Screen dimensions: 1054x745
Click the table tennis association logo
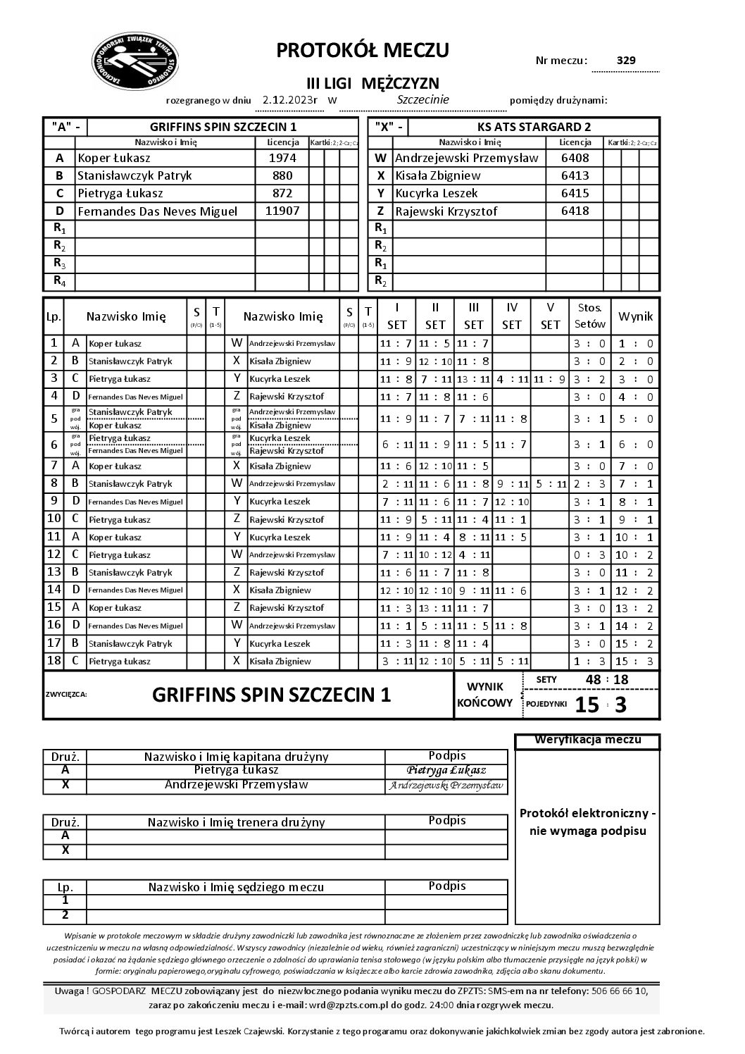pos(136,63)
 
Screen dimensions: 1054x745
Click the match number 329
pos(625,61)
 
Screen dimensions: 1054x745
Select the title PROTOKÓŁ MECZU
pos(363,51)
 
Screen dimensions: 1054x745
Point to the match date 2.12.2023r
pos(289,100)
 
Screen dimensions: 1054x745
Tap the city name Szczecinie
pos(422,100)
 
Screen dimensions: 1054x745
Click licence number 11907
pos(282,211)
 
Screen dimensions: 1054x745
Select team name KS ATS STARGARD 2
pos(534,127)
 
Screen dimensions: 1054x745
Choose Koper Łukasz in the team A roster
pos(114,159)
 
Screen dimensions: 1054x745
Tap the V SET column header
pos(550,316)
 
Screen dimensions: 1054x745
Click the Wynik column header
pos(635,316)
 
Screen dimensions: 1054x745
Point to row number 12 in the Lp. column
pos(54,554)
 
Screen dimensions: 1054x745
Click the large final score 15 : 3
pos(600,705)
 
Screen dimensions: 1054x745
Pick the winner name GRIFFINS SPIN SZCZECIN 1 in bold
pos(271,695)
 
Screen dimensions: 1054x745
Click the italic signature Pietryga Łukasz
pos(446,771)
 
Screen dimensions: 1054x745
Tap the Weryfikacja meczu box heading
pos(587,740)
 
